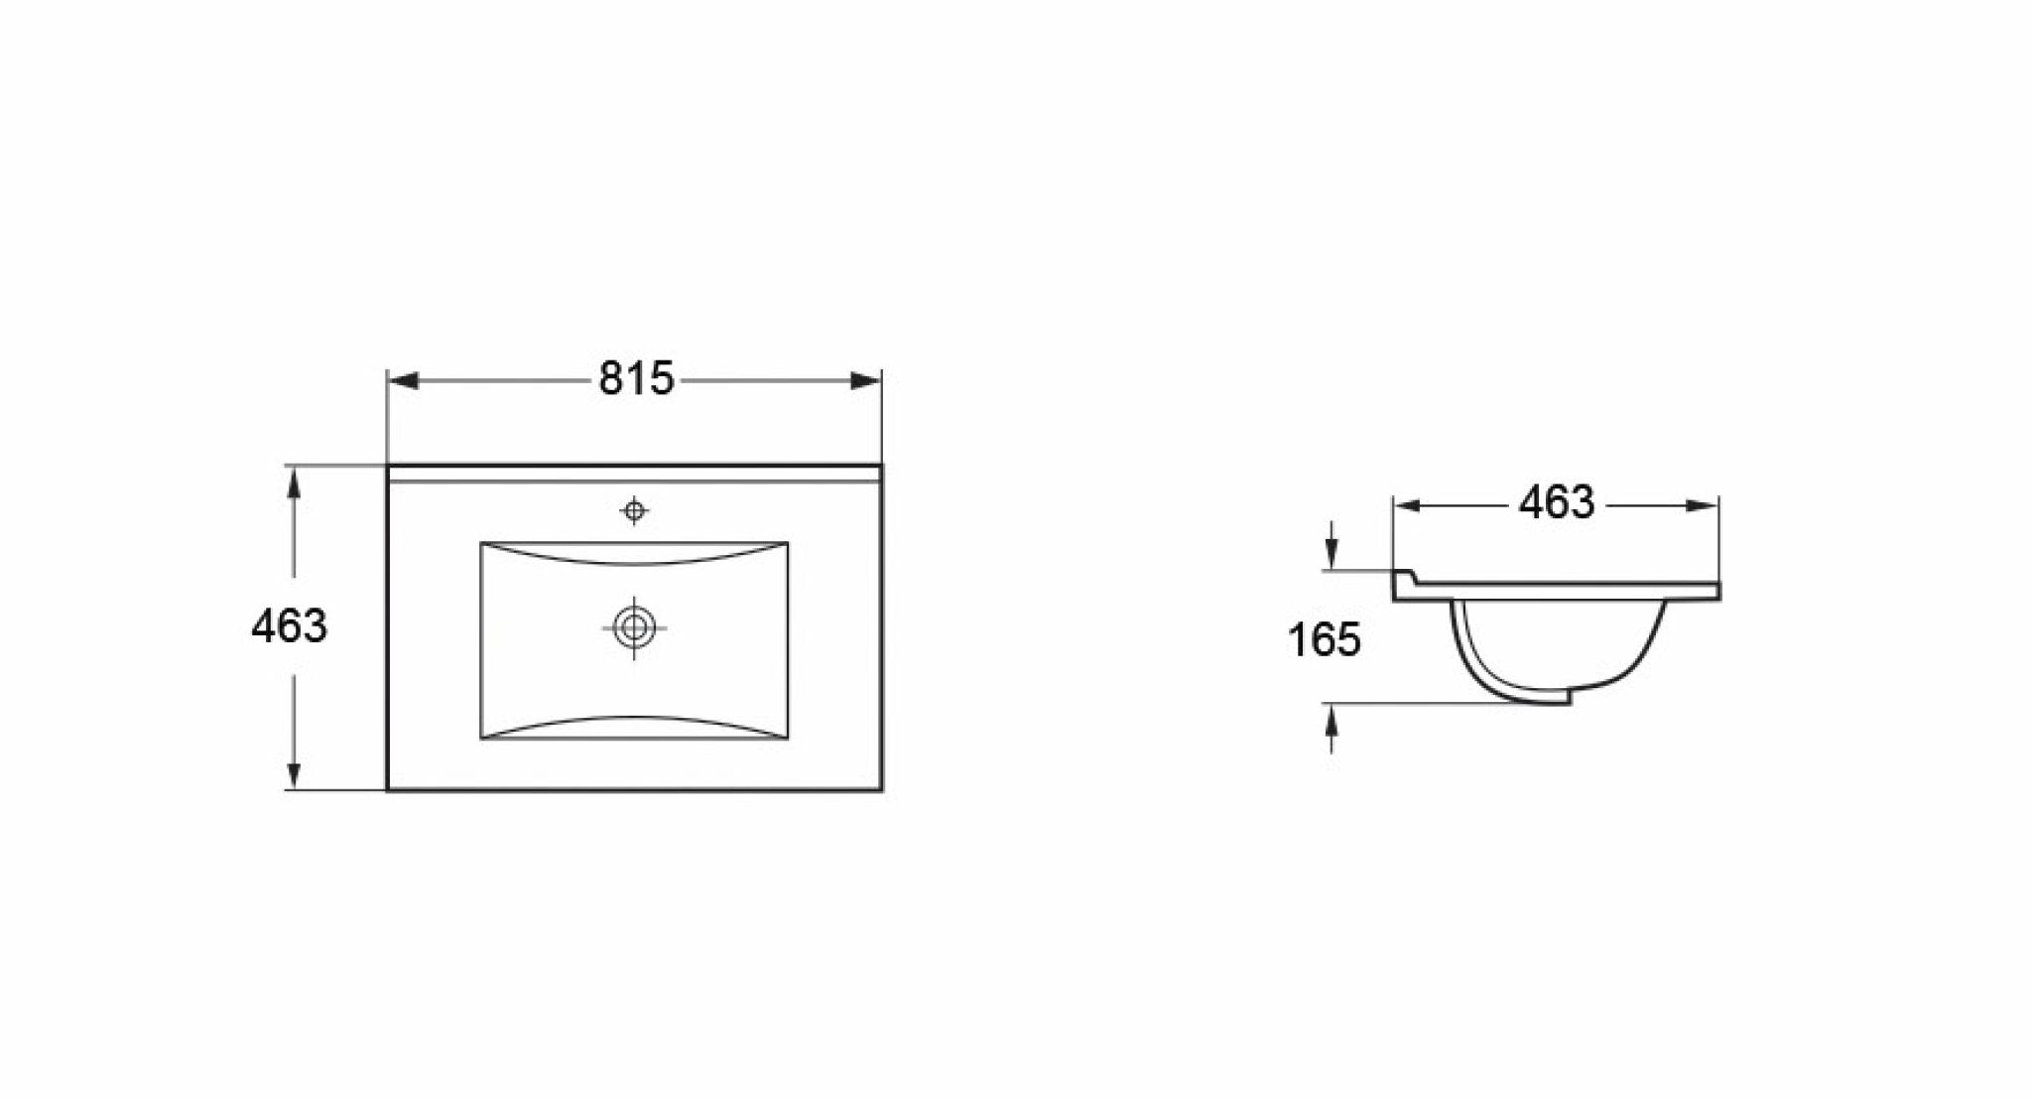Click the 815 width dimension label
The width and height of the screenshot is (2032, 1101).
tap(636, 379)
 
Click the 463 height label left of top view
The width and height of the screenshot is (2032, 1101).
tap(289, 626)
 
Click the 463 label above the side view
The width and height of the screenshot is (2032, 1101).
tap(1556, 503)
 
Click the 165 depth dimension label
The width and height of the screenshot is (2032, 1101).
tap(1325, 639)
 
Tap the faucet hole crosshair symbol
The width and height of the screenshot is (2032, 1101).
tap(634, 511)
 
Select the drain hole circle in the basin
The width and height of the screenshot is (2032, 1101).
tap(634, 627)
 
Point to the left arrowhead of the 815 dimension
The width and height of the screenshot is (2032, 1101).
tap(403, 380)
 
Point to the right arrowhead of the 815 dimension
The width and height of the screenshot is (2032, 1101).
tap(865, 380)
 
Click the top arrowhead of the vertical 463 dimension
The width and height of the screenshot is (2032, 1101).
tap(293, 482)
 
